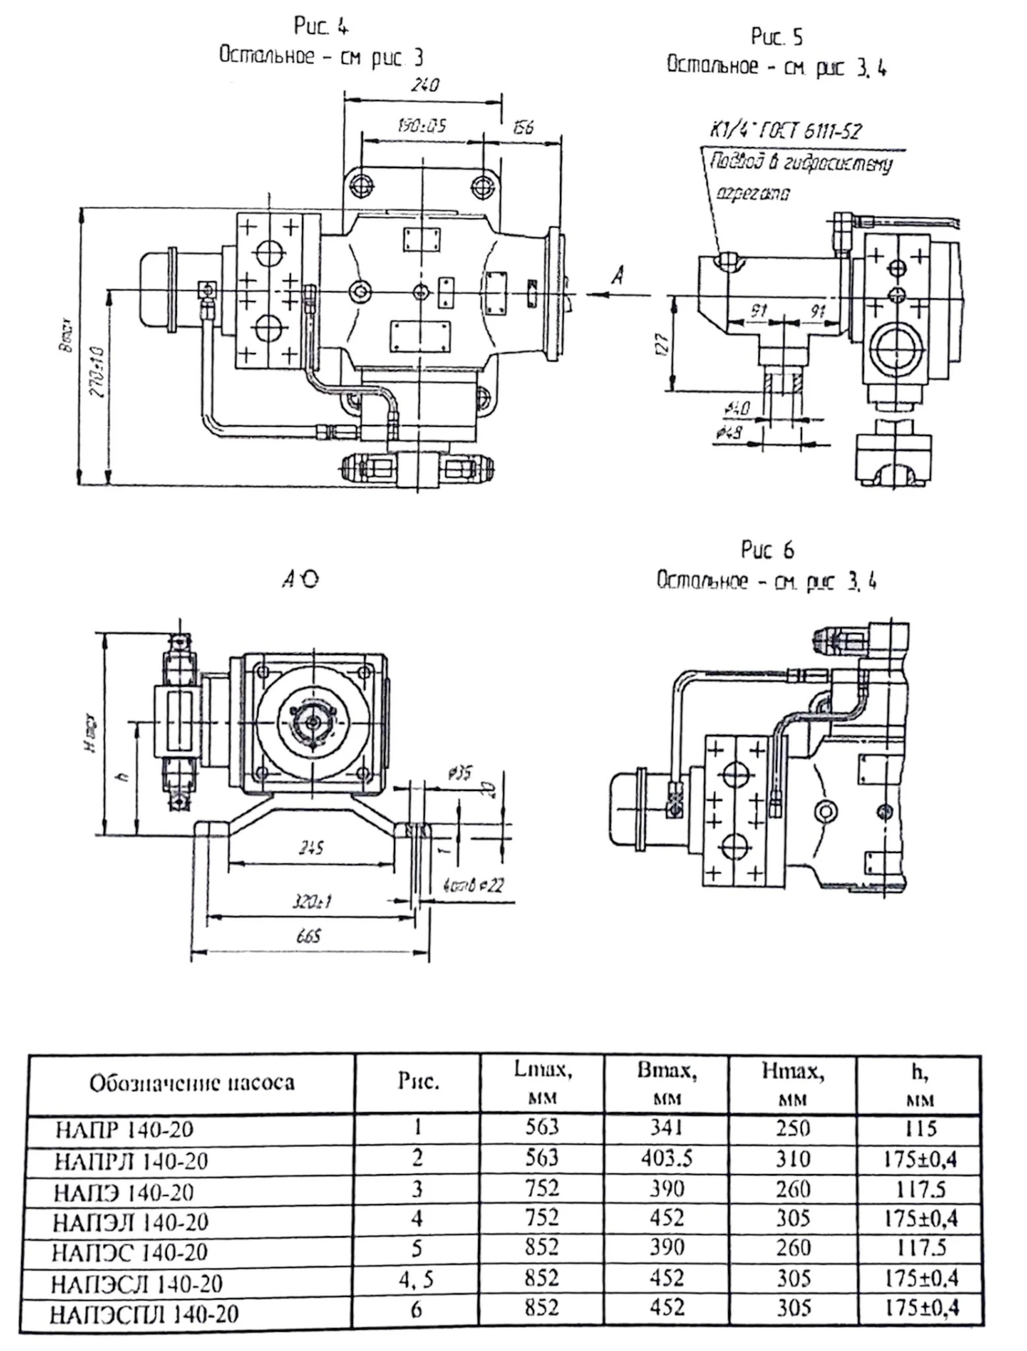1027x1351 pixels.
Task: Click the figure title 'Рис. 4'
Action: click(321, 26)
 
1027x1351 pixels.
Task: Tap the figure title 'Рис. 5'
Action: click(776, 37)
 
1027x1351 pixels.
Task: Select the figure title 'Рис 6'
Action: click(767, 550)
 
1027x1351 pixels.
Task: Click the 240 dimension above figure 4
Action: click(424, 85)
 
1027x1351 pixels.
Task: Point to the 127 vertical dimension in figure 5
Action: click(662, 343)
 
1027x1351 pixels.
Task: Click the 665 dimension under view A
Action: click(308, 936)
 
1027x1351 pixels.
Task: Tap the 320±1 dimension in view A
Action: click(311, 901)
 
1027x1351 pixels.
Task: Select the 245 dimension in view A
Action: click(311, 848)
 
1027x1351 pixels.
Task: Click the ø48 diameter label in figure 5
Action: click(731, 432)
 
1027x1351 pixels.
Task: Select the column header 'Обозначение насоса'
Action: click(192, 1083)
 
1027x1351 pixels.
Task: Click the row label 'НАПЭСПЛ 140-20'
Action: click(144, 1314)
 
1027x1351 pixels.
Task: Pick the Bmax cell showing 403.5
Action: click(666, 1159)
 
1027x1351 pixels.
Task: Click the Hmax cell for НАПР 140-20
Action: click(792, 1128)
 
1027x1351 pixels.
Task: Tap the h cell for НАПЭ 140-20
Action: click(920, 1189)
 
